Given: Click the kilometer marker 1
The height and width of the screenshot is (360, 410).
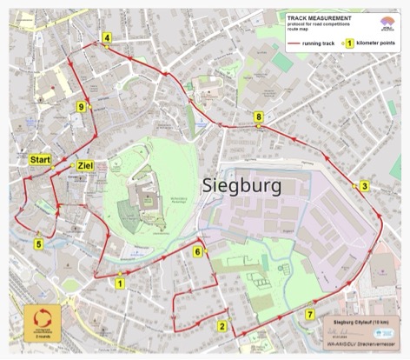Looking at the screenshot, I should [120, 282].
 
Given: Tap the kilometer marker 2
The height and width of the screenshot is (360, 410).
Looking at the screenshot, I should [223, 328].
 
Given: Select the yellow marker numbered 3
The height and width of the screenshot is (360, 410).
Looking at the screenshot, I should [365, 186].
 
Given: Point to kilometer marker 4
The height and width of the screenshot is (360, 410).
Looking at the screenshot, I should [107, 37].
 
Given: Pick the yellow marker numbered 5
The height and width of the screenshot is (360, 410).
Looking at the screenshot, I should [38, 244].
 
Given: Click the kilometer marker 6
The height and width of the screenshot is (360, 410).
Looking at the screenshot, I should [198, 252].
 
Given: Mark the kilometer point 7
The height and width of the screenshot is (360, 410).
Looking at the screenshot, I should [310, 314].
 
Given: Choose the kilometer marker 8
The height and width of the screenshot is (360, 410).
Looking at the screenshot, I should [258, 117].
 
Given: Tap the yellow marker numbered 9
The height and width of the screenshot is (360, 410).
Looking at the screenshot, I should [81, 106].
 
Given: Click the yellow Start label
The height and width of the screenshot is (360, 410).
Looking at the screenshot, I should [40, 160].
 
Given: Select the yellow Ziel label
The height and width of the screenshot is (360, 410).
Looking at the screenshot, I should [85, 165].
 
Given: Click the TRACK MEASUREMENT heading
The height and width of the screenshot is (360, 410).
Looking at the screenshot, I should [319, 17].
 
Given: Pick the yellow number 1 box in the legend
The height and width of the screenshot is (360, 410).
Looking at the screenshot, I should [349, 41].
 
